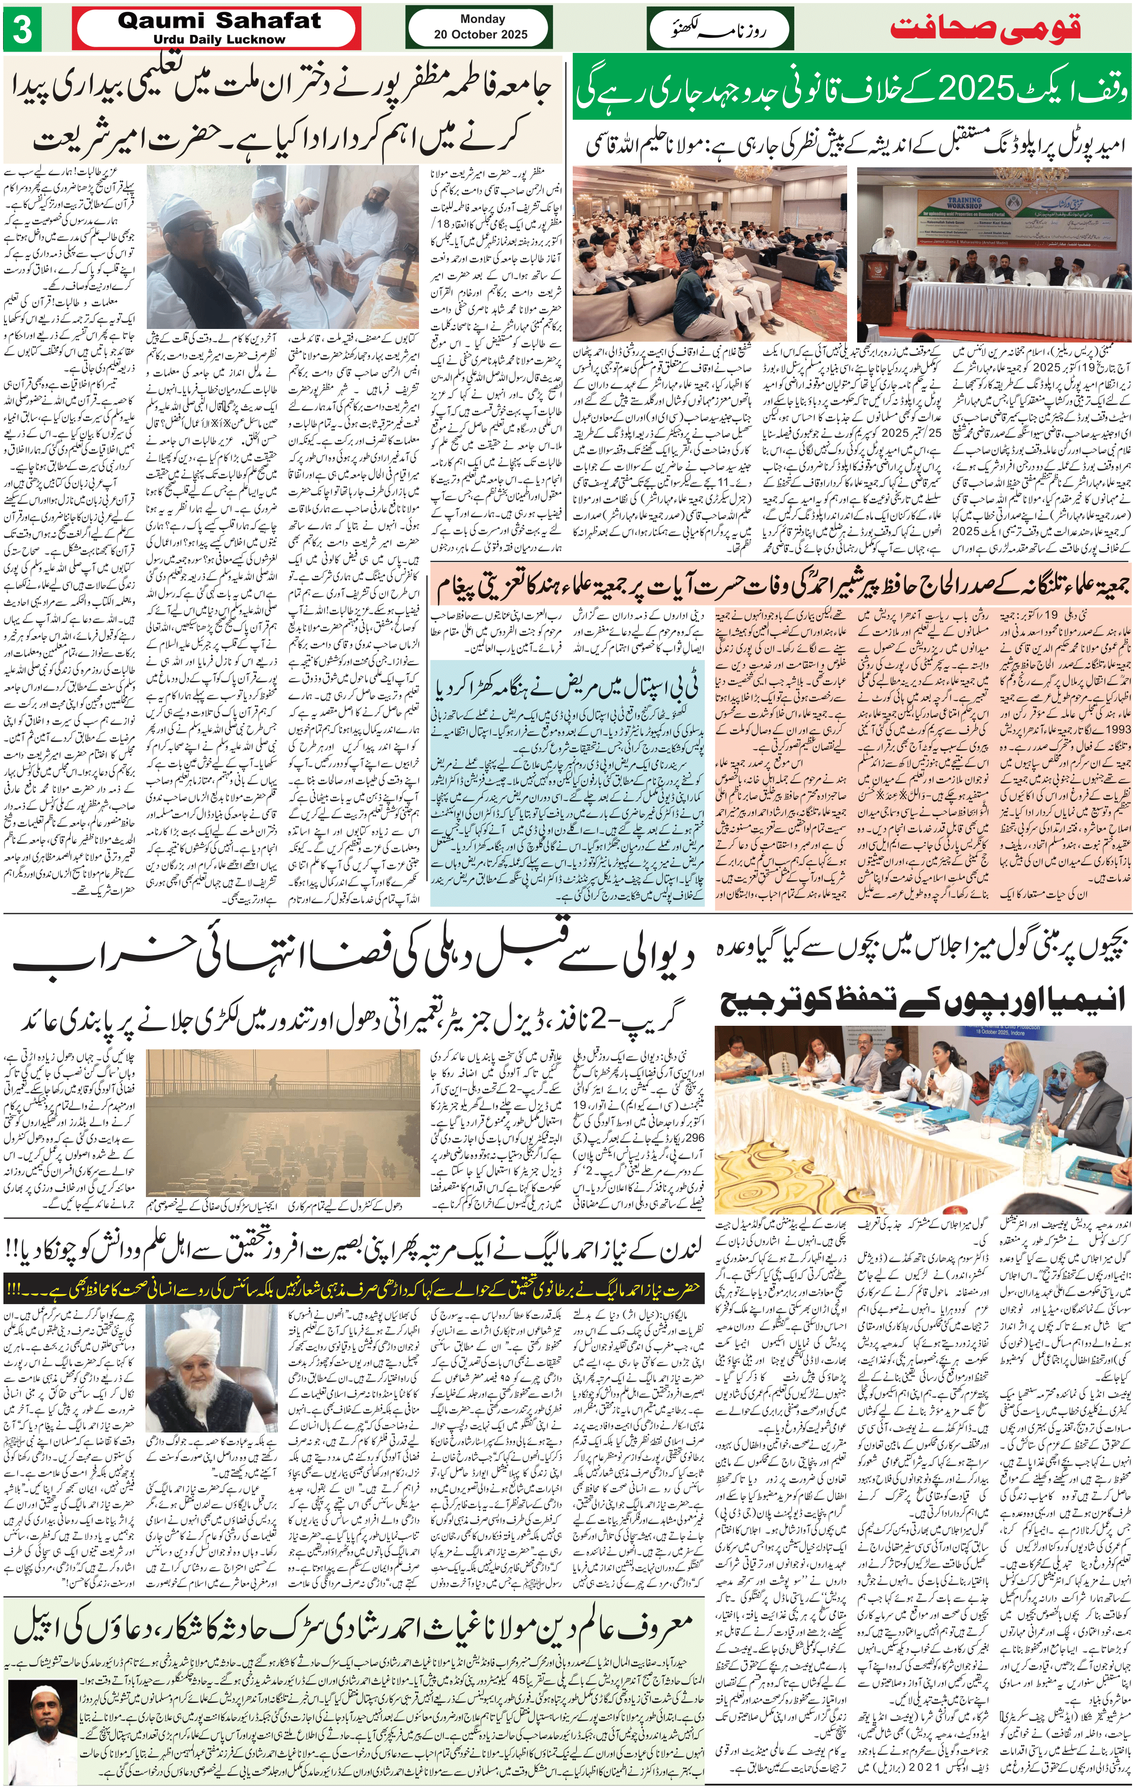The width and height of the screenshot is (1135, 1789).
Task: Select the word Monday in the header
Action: [482, 19]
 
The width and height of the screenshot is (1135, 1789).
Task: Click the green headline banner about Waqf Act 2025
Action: [851, 93]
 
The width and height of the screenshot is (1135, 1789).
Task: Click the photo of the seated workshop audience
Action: [709, 253]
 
